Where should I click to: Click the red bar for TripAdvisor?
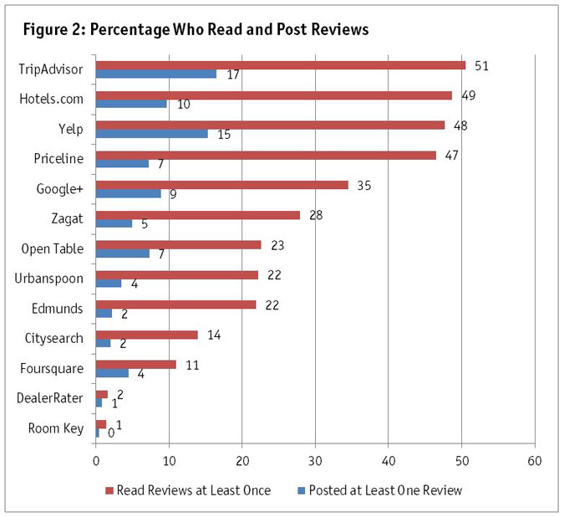pos(280,65)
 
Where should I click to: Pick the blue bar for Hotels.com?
pos(131,104)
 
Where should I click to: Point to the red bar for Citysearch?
pos(146,334)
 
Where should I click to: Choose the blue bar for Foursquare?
pos(112,373)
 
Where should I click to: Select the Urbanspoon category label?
pos(54,278)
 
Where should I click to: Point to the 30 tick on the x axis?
pos(315,461)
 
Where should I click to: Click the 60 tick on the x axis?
pos(535,461)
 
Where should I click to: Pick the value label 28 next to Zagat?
pos(316,214)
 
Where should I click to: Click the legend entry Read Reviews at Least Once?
pos(193,490)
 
